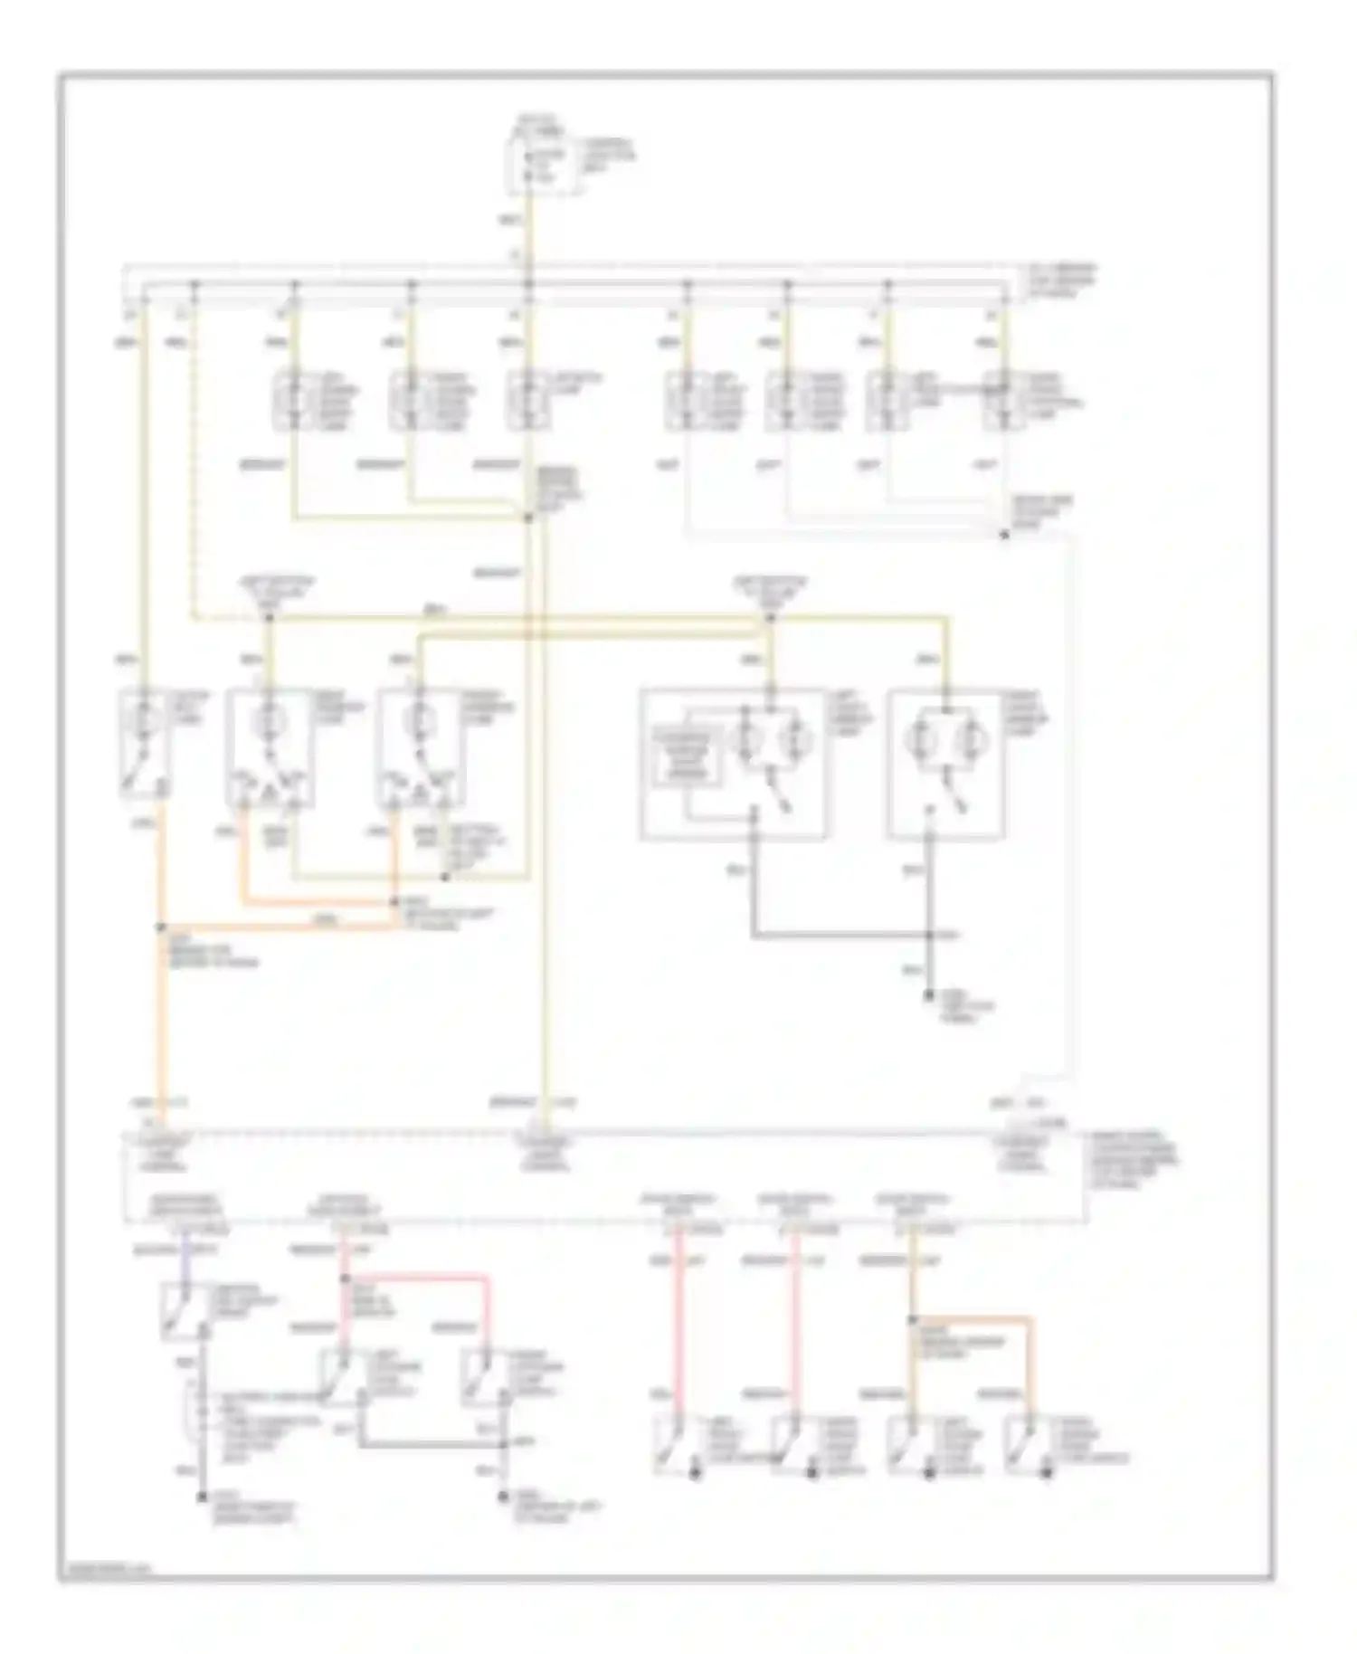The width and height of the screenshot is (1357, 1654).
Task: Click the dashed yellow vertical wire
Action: [x=193, y=452]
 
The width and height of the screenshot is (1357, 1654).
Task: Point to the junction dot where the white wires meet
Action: [x=1004, y=535]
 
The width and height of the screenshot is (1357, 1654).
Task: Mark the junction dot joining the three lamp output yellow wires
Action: [x=528, y=518]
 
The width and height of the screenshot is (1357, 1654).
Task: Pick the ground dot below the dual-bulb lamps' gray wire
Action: [x=929, y=995]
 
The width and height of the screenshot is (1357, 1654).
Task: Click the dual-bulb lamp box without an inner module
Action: [x=944, y=765]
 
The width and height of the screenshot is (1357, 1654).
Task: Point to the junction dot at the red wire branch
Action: [x=345, y=1279]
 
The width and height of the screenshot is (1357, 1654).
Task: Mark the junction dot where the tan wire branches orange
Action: [x=913, y=1320]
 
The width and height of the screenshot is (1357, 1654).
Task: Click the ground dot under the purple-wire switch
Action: [x=203, y=1497]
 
